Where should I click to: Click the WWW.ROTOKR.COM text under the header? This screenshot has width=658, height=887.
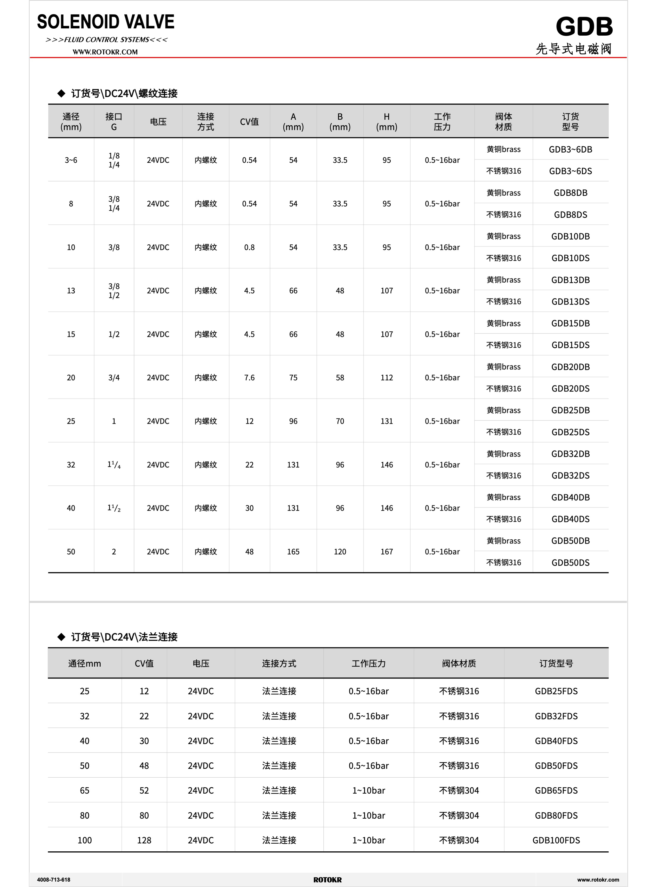coord(105,52)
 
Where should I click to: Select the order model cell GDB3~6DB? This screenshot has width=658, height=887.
coord(570,149)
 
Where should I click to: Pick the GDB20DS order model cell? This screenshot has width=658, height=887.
coord(570,388)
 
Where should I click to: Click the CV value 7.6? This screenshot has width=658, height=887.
coord(249,378)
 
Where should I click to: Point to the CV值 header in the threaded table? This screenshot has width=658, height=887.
coord(249,122)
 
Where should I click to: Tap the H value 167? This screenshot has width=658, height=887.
coord(386,552)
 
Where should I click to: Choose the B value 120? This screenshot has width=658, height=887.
coord(340,552)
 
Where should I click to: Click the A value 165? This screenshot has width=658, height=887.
coord(293,552)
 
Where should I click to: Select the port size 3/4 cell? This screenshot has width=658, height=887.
coord(114,378)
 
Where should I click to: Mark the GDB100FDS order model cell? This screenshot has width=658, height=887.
coord(556,840)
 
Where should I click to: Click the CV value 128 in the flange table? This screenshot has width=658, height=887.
coord(144,840)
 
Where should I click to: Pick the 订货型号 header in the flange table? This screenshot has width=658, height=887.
coord(556,663)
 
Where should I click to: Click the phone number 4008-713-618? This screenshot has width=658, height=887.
coord(54,880)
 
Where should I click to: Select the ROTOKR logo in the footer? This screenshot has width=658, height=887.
coord(327,880)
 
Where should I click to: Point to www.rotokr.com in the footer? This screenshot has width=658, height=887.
coord(598,880)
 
